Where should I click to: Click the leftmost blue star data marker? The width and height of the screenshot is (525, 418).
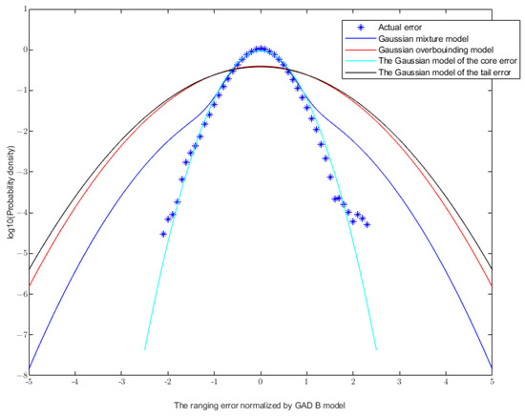(163, 233)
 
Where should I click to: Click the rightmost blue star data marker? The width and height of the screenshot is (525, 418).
(367, 224)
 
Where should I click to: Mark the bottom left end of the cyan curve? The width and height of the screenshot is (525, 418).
(145, 349)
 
